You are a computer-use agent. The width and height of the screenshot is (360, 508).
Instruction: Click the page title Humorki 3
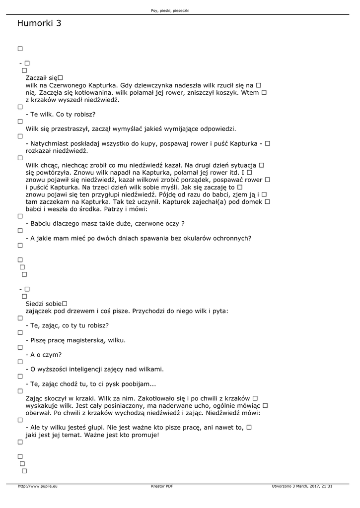39,23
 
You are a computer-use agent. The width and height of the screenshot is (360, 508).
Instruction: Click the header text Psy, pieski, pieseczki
170,10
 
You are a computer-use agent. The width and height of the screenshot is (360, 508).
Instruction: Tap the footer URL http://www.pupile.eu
38,486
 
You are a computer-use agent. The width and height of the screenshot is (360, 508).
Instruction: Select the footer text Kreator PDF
162,486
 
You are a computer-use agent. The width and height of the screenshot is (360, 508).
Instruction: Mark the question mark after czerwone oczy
183,224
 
